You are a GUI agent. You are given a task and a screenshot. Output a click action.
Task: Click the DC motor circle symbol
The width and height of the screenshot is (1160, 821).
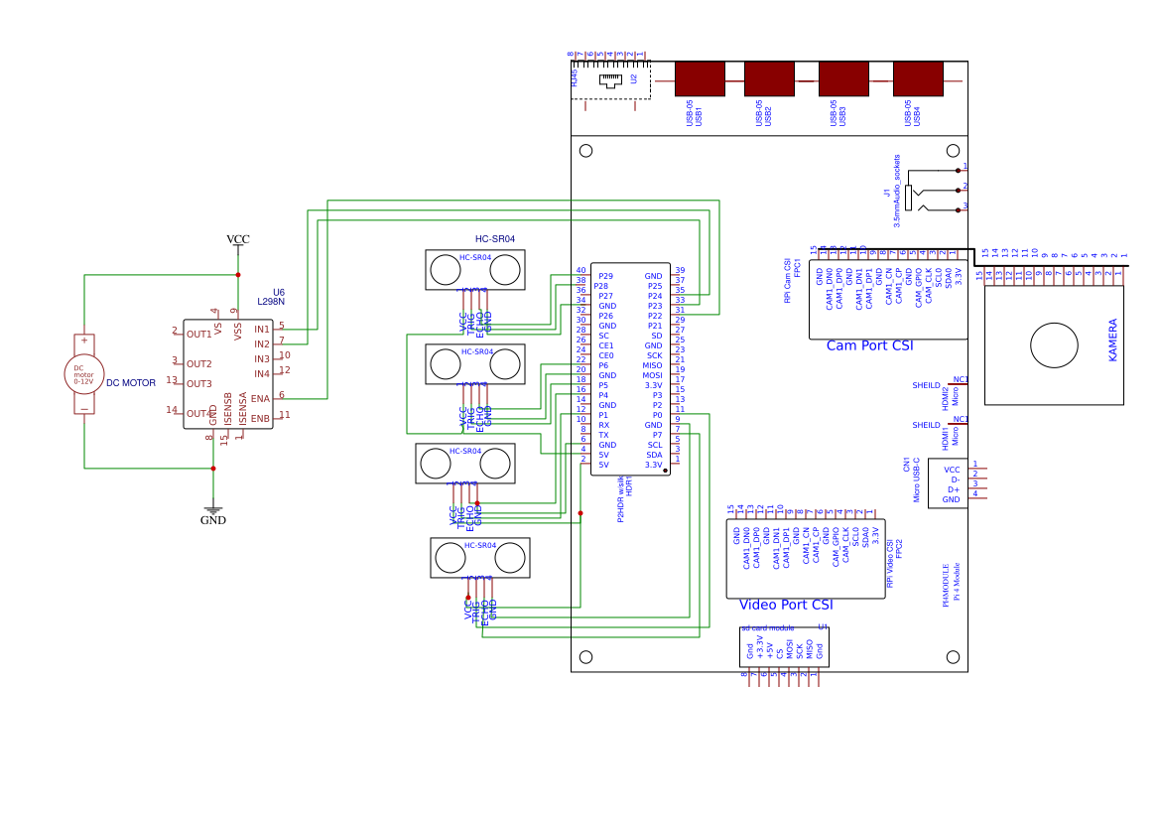point(84,374)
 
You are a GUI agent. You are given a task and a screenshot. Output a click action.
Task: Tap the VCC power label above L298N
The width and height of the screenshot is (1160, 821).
point(238,239)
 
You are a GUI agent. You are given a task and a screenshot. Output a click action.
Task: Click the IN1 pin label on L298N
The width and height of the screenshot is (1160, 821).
point(262,329)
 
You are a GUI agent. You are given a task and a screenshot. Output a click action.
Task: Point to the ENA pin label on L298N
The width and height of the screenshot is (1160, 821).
point(260,398)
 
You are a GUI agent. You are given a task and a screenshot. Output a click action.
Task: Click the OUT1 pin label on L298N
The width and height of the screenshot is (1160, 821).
point(199,335)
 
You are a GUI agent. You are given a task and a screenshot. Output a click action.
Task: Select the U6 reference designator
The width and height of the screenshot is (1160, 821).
point(278,293)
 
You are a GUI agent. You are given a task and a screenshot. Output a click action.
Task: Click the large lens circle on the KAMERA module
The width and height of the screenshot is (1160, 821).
point(1054,345)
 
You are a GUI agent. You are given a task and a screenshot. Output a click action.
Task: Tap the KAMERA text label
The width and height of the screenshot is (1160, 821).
point(1112,340)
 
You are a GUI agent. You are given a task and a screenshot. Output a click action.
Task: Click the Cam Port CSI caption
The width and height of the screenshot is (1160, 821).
point(869,346)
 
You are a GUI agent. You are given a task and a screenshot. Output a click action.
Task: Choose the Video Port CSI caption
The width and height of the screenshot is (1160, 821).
point(786,605)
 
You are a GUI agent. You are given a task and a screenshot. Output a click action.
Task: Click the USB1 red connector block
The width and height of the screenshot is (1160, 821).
point(700,79)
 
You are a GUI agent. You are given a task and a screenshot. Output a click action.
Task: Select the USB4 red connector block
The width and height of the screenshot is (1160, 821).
point(918,79)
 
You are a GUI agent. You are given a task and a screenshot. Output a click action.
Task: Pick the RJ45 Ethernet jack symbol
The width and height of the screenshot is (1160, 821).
point(609,79)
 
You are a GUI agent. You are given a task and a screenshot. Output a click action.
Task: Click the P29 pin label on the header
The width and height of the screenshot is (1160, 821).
point(605,276)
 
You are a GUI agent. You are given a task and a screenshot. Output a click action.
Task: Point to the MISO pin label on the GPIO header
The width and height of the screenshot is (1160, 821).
point(652,365)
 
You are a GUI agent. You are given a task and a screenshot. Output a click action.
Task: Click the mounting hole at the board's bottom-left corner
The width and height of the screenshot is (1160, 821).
point(585,657)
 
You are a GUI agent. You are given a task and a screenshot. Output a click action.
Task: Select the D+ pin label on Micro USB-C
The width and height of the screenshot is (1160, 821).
point(954,489)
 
